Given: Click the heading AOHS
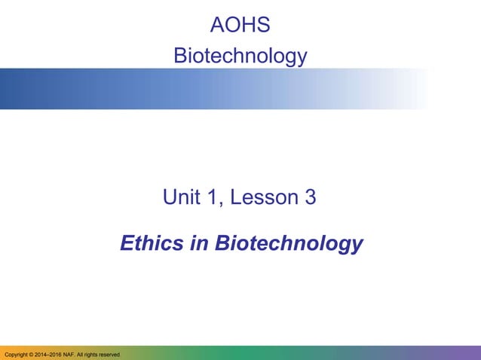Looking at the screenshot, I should point(240,25).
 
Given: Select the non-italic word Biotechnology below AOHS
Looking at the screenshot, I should point(240,56).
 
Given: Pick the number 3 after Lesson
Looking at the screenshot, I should point(310,198).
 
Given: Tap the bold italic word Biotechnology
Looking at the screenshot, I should point(289,245).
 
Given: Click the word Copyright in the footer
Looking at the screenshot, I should point(18,354).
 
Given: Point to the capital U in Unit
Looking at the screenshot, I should point(170,198).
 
